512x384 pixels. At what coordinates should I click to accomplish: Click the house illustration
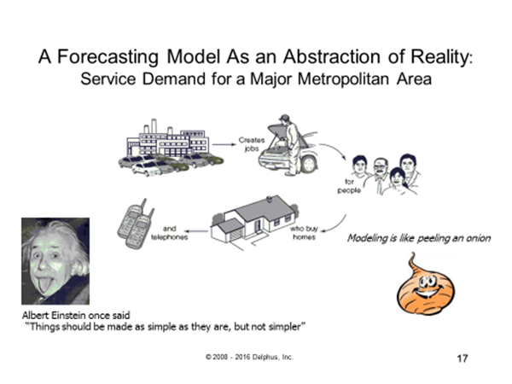pos(252,218)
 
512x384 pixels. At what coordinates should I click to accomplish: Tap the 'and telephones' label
pos(170,232)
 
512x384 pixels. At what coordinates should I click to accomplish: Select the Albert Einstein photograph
pos(55,260)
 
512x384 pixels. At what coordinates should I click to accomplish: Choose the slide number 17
pos(463,357)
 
